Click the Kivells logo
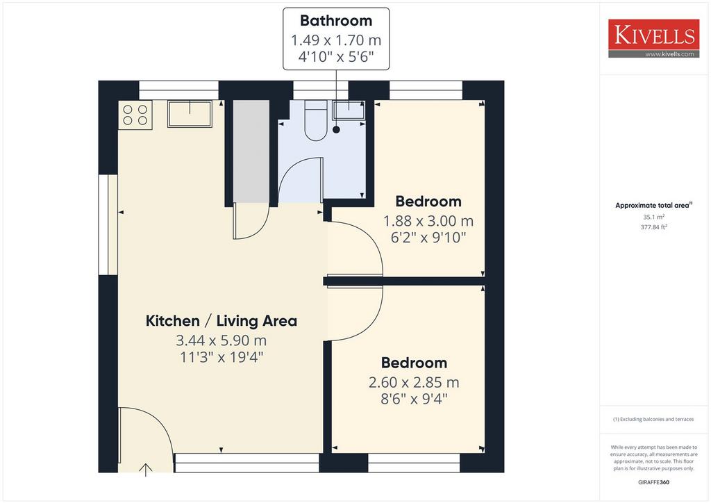click(653, 38)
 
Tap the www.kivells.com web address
click(669, 54)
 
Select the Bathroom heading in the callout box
click(336, 20)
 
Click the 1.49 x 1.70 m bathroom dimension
click(336, 40)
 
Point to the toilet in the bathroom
click(316, 120)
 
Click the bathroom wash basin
click(349, 110)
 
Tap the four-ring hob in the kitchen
click(135, 115)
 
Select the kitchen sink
click(190, 114)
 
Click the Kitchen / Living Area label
click(221, 321)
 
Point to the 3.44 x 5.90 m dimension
click(221, 340)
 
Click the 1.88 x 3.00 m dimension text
click(428, 221)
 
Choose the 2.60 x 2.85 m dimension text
click(414, 382)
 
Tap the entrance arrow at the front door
click(146, 470)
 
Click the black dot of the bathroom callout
click(336, 130)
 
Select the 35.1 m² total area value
click(654, 217)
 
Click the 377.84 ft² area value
click(654, 227)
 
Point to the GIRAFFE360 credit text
click(653, 482)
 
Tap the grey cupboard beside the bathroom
click(251, 151)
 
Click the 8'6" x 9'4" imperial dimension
click(414, 399)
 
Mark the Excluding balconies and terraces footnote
click(653, 419)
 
